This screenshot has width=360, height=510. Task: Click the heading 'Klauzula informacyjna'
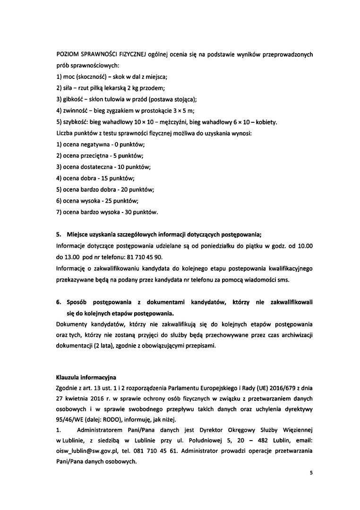85,378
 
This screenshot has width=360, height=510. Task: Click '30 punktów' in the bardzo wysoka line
141,212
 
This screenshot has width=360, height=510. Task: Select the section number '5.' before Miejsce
59,235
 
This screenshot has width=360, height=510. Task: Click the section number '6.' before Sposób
59,301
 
